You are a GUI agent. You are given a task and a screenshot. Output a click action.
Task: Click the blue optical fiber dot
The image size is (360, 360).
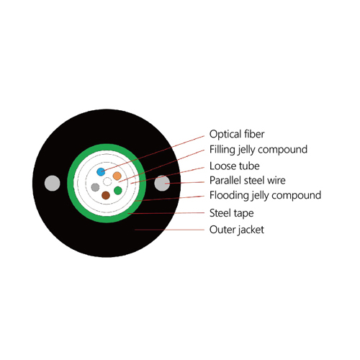point(101,172)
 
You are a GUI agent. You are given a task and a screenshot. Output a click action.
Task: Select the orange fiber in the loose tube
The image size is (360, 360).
point(117,176)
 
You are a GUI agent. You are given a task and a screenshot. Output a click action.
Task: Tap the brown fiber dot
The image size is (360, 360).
point(106,195)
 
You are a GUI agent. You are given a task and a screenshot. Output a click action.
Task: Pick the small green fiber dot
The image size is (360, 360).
point(118,191)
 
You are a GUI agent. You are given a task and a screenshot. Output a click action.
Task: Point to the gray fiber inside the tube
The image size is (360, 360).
point(95,187)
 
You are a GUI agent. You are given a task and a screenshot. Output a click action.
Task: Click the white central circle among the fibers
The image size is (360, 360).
point(107,181)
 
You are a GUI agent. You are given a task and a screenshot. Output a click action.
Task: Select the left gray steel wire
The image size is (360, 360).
point(53,184)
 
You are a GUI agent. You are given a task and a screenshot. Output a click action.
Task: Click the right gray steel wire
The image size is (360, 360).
point(162,184)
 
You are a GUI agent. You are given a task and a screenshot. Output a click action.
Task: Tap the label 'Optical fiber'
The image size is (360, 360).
point(237,134)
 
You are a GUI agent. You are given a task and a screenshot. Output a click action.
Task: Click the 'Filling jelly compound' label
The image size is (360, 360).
point(258,150)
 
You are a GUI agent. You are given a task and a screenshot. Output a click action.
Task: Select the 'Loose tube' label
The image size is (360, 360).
point(234,166)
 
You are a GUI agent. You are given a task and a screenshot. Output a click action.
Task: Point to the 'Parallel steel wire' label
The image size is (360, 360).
point(248,181)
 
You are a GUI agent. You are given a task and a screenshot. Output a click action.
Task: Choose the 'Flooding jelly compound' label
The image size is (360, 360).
point(265,196)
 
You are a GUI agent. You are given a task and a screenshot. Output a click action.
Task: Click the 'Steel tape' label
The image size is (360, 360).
point(231,213)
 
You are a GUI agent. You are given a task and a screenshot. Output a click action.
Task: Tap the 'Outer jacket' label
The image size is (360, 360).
point(237,230)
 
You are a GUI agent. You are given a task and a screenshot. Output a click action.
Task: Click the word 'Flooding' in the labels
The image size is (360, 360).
point(230,196)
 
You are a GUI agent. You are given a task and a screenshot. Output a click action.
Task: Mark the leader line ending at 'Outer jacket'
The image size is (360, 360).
point(169,230)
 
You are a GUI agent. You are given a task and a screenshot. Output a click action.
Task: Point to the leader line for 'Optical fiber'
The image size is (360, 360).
point(153,153)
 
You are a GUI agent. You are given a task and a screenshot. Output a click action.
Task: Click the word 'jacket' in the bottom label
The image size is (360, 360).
point(251,230)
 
